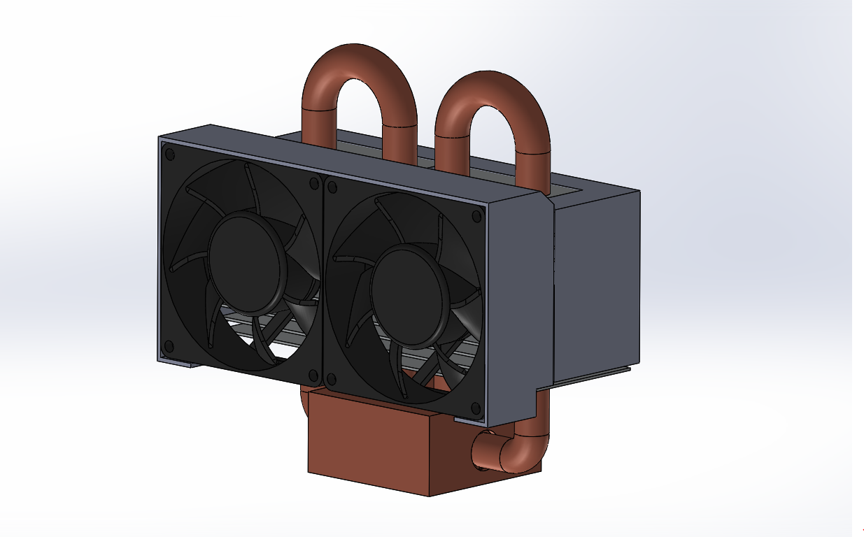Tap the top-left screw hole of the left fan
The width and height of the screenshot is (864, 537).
coord(169,152)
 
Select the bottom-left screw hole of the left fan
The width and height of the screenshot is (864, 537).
coord(168,345)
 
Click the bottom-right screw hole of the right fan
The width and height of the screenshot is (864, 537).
coord(476,408)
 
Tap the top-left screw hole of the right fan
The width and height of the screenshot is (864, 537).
coord(332,187)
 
